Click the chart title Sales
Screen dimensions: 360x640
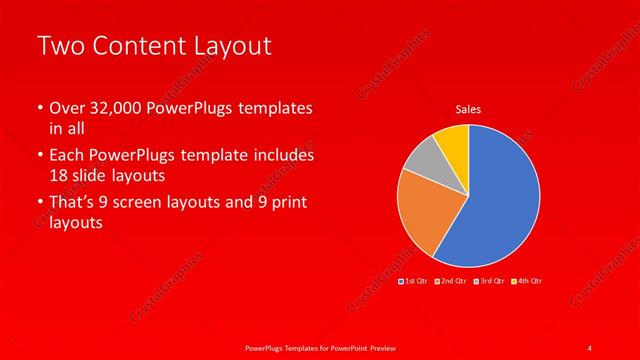[x=469, y=108]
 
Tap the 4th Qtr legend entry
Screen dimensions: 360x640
[x=526, y=282]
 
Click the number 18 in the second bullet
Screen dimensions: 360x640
[x=60, y=175]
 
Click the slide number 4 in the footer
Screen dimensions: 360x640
[x=590, y=347]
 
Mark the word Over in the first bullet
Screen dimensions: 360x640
[x=66, y=108]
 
